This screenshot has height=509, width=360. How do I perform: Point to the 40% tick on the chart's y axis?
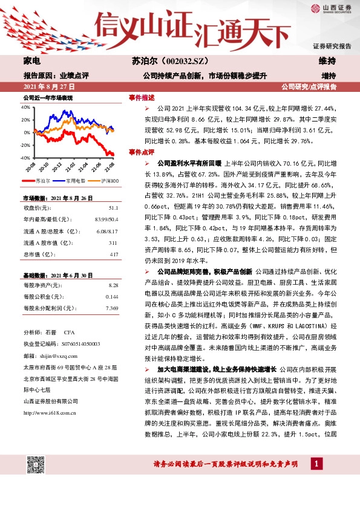pos(27,107)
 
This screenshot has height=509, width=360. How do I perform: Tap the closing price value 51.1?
pos(113,206)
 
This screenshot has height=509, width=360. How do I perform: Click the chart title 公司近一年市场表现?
pos(48,97)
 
